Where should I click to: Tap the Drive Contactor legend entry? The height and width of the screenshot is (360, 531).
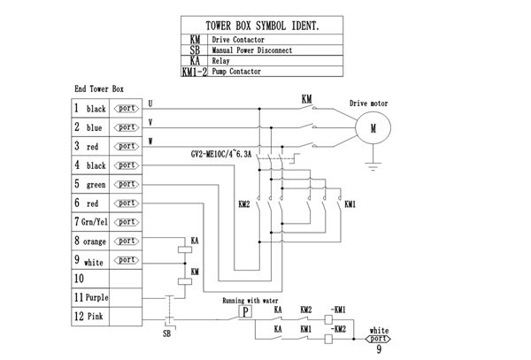coord(238,40)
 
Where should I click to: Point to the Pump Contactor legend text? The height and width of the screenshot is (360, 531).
coord(236,72)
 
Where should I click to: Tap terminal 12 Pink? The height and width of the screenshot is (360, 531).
coord(91,316)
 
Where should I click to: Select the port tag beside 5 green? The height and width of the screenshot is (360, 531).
coord(127,183)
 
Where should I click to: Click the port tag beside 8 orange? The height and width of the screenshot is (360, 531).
coord(127,241)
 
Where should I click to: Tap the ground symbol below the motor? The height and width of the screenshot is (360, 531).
coord(373,165)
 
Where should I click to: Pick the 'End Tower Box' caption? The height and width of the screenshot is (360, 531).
coord(98,90)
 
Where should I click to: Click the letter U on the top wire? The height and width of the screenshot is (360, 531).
coord(150,103)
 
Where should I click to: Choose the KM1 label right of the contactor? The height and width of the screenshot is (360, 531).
coord(350,203)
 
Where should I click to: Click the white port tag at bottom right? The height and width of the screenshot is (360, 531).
coord(378,337)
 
